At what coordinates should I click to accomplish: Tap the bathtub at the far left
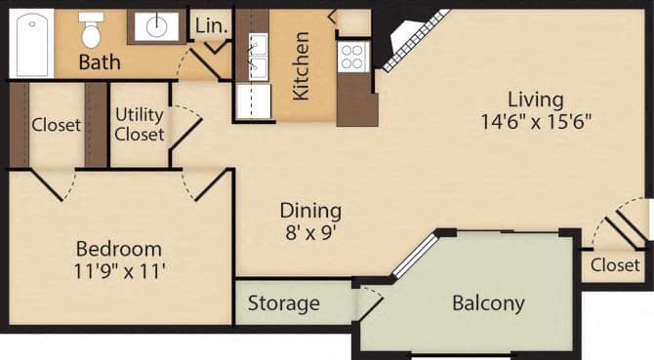tap(32, 42)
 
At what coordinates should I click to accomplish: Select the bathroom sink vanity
tap(155, 26)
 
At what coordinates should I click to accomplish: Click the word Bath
tap(100, 62)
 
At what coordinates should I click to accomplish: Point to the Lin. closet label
tap(211, 26)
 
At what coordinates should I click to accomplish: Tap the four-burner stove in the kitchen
tap(350, 57)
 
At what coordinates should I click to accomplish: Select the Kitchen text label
tap(302, 65)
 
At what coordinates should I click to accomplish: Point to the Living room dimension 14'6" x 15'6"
tap(536, 122)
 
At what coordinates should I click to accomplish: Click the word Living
tap(535, 100)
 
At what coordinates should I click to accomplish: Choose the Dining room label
tap(310, 210)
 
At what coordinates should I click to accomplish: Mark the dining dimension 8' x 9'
tap(310, 233)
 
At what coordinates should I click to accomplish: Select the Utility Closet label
tap(140, 124)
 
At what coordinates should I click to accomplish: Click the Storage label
tap(283, 303)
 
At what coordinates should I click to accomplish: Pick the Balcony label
tap(487, 303)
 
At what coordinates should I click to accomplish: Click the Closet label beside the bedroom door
tap(57, 125)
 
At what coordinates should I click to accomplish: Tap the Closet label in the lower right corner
tap(615, 264)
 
